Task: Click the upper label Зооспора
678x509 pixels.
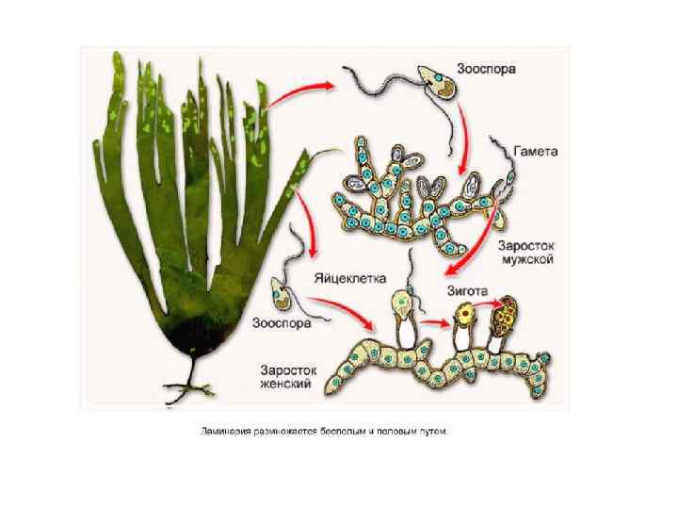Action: point(486,69)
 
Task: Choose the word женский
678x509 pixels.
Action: point(288,385)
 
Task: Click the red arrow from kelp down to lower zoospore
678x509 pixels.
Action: point(303,216)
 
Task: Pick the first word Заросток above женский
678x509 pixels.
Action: point(287,369)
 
